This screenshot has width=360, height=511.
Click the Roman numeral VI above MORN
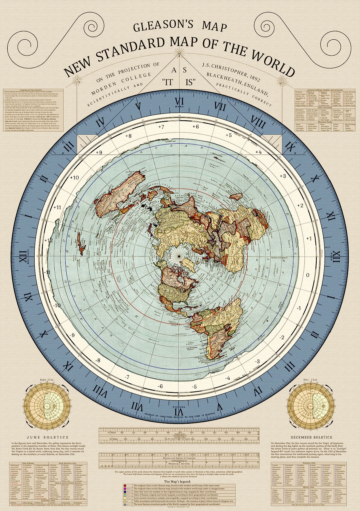tap(180, 101)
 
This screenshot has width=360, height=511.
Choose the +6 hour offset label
tap(195, 127)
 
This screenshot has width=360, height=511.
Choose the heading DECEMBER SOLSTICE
tap(311, 437)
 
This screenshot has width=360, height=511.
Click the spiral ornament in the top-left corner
tap(33, 28)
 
